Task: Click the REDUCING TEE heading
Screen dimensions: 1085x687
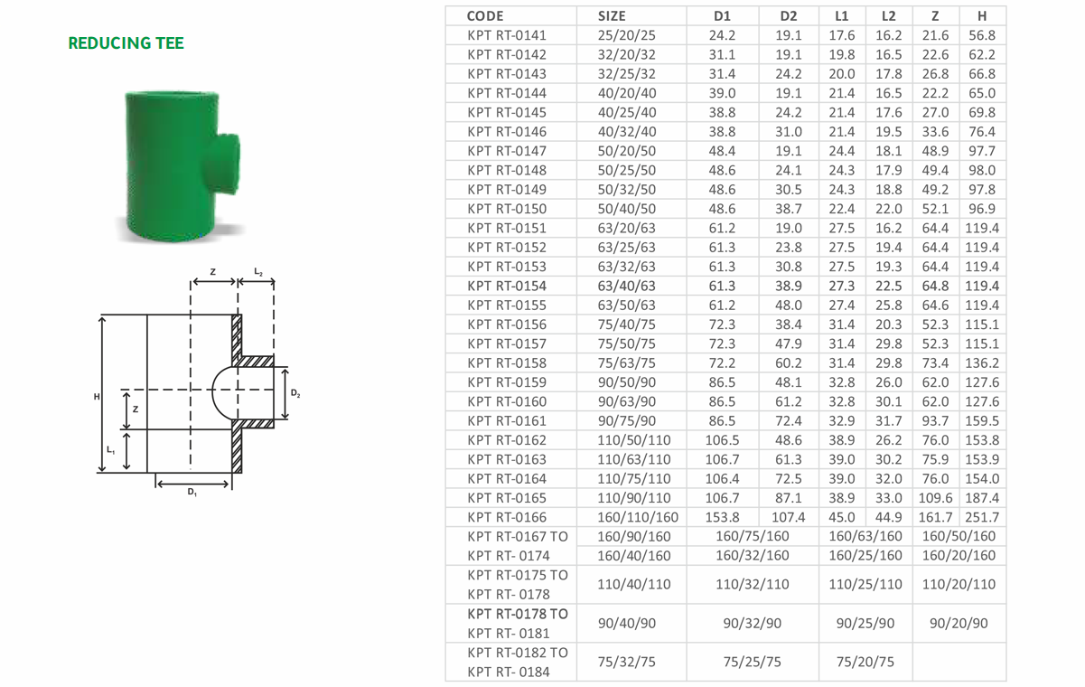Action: [x=126, y=43]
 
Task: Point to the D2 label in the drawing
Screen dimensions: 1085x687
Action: [x=295, y=393]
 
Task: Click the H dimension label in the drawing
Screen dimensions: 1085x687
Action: [x=97, y=397]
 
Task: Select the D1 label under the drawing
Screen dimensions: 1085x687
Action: [x=192, y=492]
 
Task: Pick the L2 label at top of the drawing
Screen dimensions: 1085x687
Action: [x=258, y=272]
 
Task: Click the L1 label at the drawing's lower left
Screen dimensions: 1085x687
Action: [x=111, y=450]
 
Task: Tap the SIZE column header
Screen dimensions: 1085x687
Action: [x=612, y=16]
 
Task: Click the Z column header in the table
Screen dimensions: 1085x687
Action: [x=935, y=16]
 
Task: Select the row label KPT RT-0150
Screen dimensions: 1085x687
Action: [x=507, y=209]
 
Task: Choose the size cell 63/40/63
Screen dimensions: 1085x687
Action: [x=626, y=286]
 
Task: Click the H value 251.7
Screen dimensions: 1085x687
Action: [x=982, y=517]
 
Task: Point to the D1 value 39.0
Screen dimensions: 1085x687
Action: [x=722, y=93]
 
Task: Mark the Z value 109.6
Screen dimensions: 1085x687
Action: [x=935, y=498]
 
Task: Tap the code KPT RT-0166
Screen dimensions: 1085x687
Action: [x=507, y=517]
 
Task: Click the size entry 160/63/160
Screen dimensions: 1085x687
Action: [x=865, y=536]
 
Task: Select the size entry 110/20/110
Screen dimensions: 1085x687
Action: [x=959, y=584]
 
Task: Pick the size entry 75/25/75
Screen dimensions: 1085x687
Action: [x=753, y=662]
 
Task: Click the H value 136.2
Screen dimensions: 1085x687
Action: [x=982, y=363]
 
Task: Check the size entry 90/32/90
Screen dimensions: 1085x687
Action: [x=753, y=623]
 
